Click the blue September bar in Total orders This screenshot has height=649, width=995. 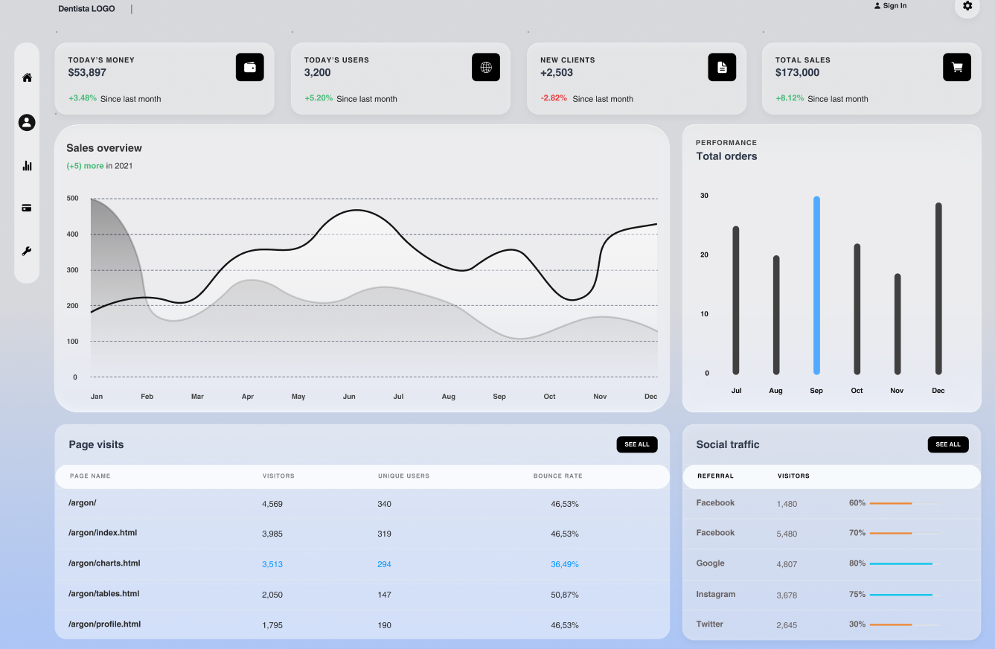click(x=816, y=285)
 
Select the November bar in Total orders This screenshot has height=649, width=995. click(x=898, y=324)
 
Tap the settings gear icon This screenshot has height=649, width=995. click(x=967, y=6)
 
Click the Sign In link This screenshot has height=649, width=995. click(x=890, y=6)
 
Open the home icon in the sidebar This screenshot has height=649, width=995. click(x=27, y=77)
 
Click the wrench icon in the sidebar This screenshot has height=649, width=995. click(x=27, y=251)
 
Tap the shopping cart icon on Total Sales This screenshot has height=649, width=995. click(x=957, y=67)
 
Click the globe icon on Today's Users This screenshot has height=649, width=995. click(x=486, y=67)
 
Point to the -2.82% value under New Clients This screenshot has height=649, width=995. click(x=554, y=98)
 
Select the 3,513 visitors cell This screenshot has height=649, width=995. click(x=272, y=564)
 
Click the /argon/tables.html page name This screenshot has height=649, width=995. click(x=104, y=593)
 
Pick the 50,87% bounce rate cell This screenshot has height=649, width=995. click(x=565, y=595)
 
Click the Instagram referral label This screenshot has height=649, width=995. click(x=716, y=594)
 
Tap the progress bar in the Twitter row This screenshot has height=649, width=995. click(x=905, y=624)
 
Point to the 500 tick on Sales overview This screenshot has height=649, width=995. click(x=72, y=198)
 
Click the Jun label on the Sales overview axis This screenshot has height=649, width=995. click(x=349, y=396)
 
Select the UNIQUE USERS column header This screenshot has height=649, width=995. click(x=404, y=476)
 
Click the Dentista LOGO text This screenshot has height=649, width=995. click(x=86, y=8)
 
